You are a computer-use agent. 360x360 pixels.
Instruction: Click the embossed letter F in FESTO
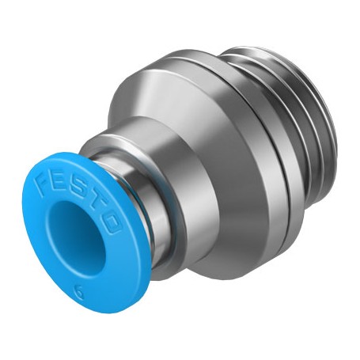[x=43, y=186]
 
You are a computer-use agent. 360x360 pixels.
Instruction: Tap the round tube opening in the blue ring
[x=75, y=236]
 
